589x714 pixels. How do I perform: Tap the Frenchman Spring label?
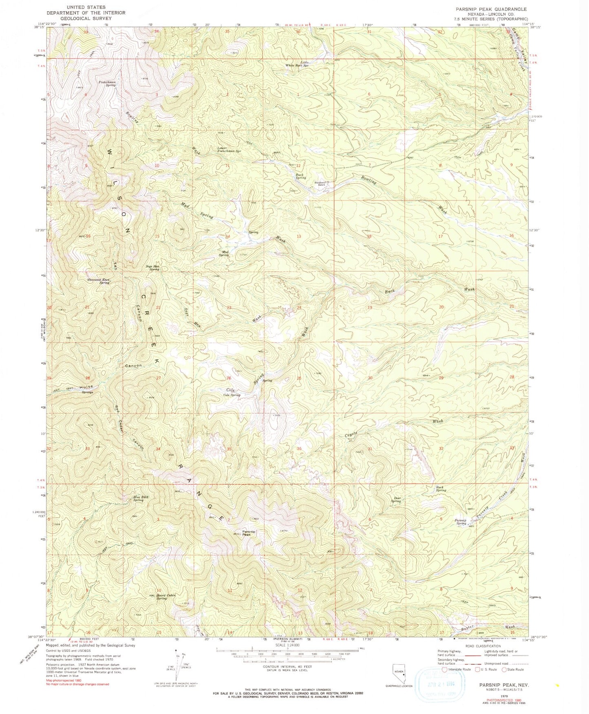pyautogui.click(x=107, y=83)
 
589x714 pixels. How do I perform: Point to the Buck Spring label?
pyautogui.click(x=300, y=176)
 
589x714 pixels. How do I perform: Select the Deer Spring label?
pyautogui.click(x=395, y=500)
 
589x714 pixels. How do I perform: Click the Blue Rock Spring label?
pyautogui.click(x=141, y=498)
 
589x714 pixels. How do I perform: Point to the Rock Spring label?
pyautogui.click(x=441, y=488)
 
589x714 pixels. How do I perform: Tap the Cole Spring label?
pyautogui.click(x=232, y=395)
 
